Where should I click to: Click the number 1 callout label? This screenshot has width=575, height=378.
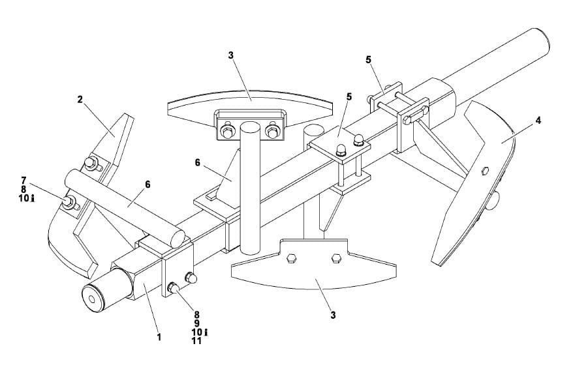point(159,338)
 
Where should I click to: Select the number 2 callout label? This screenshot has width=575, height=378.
point(80,100)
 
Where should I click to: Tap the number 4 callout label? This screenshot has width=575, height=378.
point(537,121)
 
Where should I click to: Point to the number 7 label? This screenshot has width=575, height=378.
point(23,179)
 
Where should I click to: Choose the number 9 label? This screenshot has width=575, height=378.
point(196,322)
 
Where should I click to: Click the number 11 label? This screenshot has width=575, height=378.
point(196,341)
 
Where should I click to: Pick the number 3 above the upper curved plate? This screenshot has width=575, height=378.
point(230,55)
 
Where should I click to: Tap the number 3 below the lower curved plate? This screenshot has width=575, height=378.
point(333,315)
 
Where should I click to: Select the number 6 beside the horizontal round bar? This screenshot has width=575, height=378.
point(148,184)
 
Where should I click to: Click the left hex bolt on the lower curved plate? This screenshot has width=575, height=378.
point(292,259)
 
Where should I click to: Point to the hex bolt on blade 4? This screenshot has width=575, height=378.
point(485,171)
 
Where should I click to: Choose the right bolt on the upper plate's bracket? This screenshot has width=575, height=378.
point(273,133)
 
